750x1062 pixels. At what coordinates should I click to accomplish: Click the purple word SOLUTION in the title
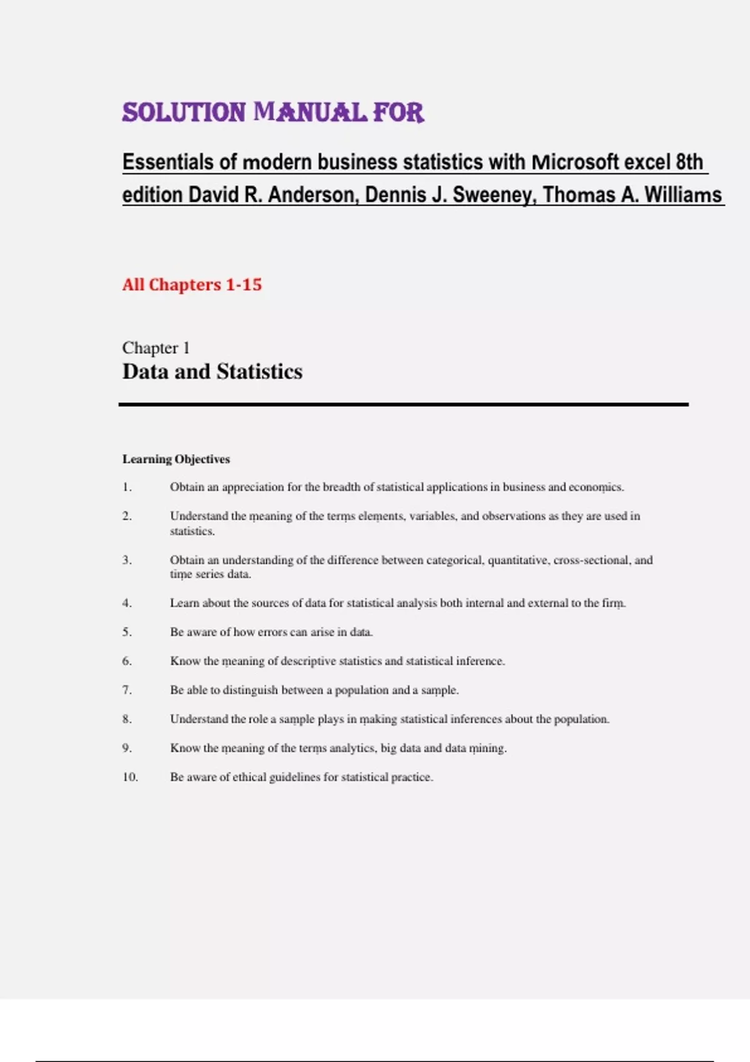pyautogui.click(x=184, y=113)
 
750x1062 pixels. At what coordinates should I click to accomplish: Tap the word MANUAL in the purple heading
pyautogui.click(x=310, y=113)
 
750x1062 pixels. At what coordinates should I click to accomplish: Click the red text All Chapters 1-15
pyautogui.click(x=192, y=285)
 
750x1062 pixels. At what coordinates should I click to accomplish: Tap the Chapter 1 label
pyautogui.click(x=156, y=348)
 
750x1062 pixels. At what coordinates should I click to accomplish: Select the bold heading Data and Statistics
pyautogui.click(x=212, y=372)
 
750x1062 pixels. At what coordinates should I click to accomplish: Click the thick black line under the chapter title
pyautogui.click(x=403, y=405)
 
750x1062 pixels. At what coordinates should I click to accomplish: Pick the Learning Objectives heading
pyautogui.click(x=176, y=459)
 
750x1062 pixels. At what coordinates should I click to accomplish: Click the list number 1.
pyautogui.click(x=127, y=487)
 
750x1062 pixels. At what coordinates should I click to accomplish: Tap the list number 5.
pyautogui.click(x=127, y=632)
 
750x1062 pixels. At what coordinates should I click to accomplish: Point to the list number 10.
pyautogui.click(x=129, y=777)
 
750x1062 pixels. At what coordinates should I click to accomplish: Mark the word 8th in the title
pyautogui.click(x=689, y=162)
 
